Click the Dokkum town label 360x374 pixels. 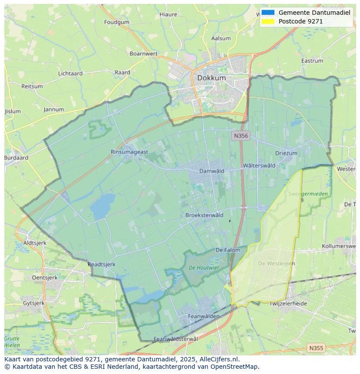[211, 78]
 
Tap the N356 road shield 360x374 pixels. [240, 136]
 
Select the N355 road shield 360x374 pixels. [316, 348]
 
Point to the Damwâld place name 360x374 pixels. [211, 171]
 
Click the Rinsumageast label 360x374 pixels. [130, 152]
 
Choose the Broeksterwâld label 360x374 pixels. [204, 215]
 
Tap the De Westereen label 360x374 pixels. [276, 263]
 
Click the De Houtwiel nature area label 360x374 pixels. [203, 268]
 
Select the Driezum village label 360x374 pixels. [286, 153]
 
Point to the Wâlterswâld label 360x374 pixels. [259, 165]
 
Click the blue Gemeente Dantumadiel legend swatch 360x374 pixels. [268, 13]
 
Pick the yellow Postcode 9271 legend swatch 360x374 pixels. [268, 21]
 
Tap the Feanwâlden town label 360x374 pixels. [203, 317]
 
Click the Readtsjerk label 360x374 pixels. [101, 264]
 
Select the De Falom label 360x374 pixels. [228, 250]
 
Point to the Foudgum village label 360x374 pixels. [117, 22]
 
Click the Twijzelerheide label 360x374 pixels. [288, 304]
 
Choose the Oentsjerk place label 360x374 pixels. [45, 277]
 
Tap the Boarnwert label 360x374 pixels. [143, 54]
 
